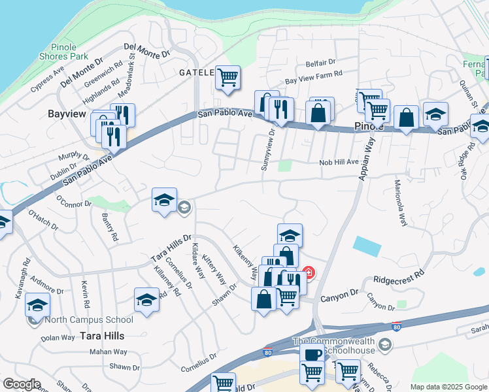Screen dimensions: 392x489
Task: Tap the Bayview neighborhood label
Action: tap(67, 114)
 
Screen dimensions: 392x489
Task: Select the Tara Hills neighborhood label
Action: tap(101, 335)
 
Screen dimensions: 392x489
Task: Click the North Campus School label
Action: tap(88, 319)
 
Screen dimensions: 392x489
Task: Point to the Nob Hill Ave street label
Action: tap(339, 162)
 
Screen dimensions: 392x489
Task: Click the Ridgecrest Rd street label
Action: tap(398, 276)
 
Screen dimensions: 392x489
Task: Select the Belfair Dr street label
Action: tap(320, 63)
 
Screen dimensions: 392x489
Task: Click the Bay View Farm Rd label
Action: tap(314, 78)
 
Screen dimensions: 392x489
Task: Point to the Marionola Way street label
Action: tap(400, 203)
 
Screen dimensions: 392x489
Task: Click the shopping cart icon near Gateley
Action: tap(228, 77)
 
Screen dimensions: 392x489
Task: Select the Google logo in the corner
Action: tap(22, 384)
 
